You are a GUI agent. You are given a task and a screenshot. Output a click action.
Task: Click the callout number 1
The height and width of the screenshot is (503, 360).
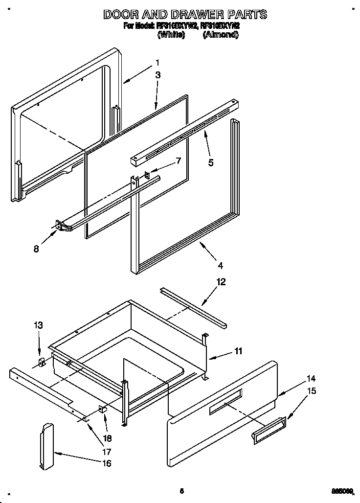pos(157,62)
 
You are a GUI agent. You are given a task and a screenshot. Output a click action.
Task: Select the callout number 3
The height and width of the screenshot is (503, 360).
pos(157,75)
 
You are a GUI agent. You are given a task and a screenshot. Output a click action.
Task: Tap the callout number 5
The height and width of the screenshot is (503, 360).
pos(211,163)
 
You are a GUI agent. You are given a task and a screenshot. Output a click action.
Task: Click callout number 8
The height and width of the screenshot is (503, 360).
pos(36,249)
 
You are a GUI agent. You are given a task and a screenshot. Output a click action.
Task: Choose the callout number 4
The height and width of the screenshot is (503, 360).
pos(221,266)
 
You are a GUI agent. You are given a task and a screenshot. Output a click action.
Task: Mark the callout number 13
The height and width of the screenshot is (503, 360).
pos(39,325)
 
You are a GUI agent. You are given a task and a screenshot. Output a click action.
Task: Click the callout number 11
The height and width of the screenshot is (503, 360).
pos(238,351)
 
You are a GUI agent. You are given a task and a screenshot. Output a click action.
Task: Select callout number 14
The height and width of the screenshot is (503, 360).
pos(311,378)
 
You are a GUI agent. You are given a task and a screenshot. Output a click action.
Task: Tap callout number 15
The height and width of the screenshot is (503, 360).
pos(311,391)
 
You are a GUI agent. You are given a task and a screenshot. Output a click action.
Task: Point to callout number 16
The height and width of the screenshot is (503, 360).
pos(106,463)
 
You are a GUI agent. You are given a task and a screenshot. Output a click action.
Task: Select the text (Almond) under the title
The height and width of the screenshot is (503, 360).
pos(220,35)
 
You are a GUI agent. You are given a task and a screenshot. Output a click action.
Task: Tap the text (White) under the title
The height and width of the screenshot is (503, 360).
pos(171,35)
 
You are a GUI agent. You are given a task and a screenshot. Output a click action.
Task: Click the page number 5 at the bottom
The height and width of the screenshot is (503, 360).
pos(181,491)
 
